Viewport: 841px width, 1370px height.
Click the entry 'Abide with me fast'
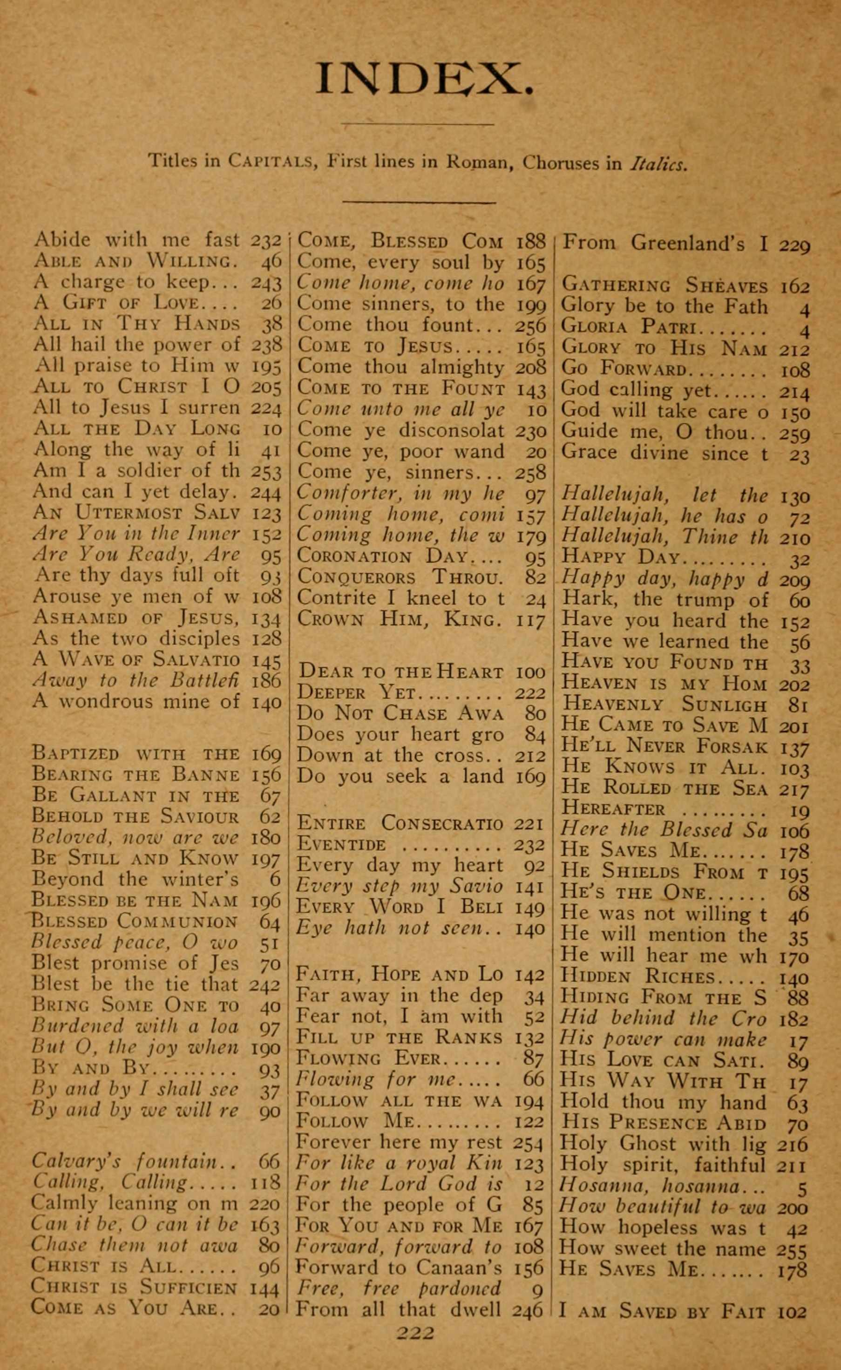pos(136,240)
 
